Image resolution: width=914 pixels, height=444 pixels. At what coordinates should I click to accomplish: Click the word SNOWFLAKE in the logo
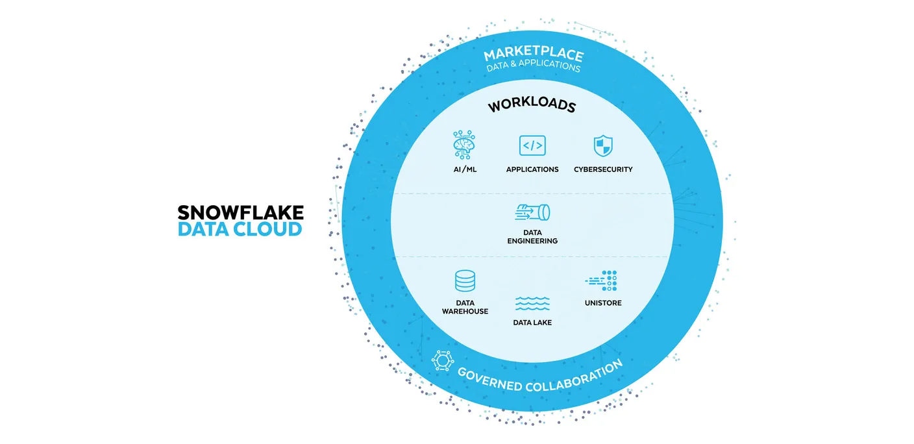pos(240,212)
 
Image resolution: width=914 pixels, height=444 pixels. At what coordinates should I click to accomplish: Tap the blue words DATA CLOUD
pos(240,228)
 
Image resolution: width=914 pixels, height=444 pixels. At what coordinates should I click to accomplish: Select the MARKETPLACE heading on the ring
pos(534,54)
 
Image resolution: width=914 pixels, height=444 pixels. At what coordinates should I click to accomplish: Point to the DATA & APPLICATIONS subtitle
pos(533,66)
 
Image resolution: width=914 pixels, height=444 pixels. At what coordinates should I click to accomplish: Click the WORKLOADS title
pos(532,105)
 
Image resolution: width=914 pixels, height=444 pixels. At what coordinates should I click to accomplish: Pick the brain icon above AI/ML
pos(465,145)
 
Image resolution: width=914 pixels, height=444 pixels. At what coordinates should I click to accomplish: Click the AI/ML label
pos(465,169)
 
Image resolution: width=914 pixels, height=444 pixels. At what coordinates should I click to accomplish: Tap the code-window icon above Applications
pos(532,145)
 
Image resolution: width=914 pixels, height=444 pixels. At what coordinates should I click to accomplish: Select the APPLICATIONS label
pos(532,169)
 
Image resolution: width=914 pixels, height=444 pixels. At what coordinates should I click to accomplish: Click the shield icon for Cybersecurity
pos(603,145)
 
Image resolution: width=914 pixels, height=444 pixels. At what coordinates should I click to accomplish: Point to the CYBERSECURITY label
pos(603,169)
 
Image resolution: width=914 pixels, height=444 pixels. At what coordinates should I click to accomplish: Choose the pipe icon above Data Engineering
pos(532,212)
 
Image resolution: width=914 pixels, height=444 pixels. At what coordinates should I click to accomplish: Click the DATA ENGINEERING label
pos(532,237)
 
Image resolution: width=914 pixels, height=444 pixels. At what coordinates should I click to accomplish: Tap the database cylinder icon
pos(465,282)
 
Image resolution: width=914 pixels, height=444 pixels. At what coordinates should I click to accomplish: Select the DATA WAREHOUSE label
pos(465,307)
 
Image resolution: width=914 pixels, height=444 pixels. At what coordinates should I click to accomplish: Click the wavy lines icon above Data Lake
pos(532,303)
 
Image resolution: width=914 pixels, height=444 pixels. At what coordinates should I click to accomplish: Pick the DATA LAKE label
pos(532,322)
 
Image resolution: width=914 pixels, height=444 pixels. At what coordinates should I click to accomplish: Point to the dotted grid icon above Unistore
pos(602,280)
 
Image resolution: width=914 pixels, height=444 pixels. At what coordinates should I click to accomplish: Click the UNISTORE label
pos(603,303)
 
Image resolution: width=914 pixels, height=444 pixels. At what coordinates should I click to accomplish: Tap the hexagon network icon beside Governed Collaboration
pos(442,360)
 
